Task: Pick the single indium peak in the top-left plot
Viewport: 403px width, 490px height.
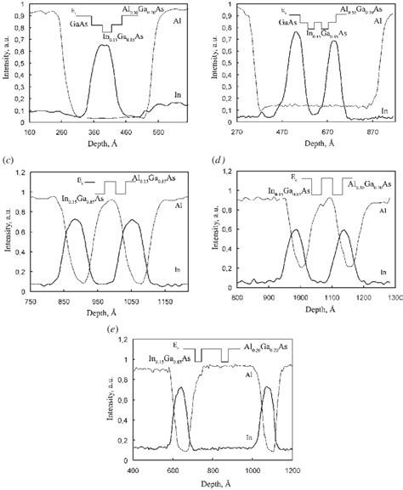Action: pos(104,46)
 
